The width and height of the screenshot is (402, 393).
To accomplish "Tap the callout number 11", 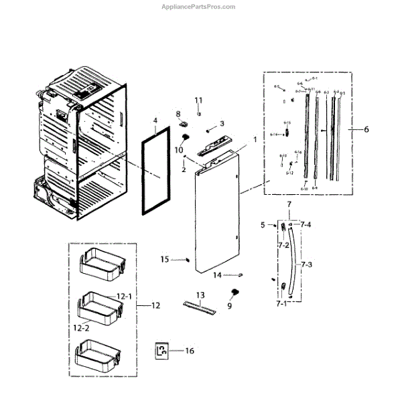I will [198, 100].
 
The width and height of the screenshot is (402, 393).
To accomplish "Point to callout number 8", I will [179, 113].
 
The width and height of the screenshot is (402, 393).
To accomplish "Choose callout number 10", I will [179, 150].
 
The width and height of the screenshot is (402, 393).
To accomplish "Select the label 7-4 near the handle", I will [306, 225].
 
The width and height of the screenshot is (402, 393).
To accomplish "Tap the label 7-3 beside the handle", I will [306, 265].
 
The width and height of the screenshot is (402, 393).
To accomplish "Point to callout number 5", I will [263, 225].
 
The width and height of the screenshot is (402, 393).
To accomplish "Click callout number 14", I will [217, 275].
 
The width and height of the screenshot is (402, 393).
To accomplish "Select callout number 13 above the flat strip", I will [200, 295].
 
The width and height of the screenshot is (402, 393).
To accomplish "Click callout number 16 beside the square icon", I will [190, 350].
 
